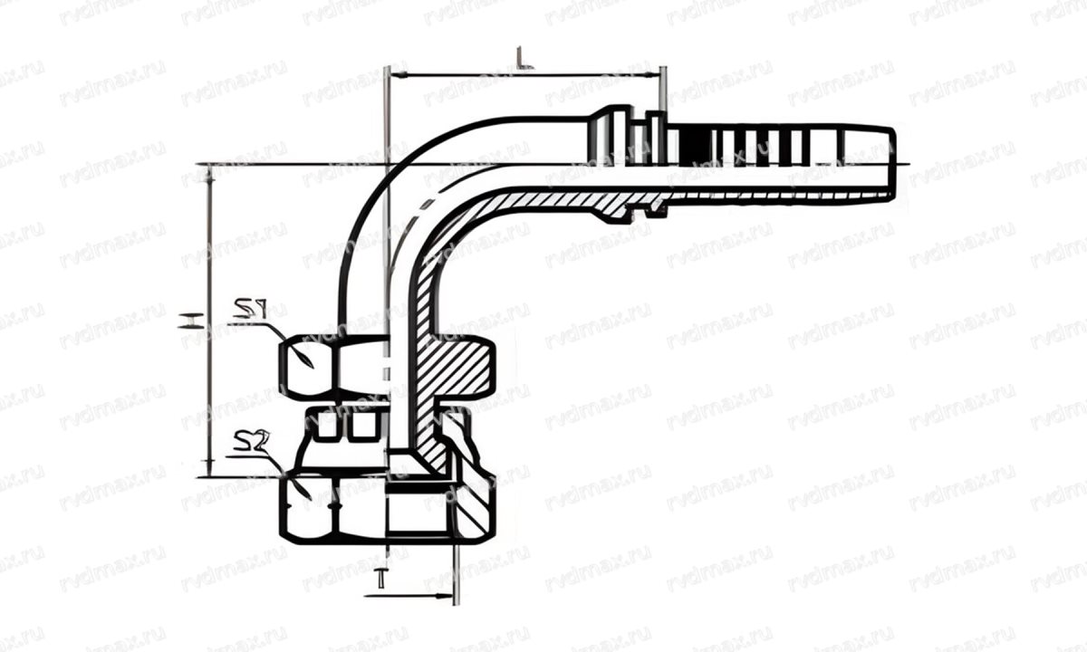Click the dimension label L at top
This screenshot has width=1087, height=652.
tap(523, 60)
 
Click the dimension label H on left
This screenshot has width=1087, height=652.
tap(189, 319)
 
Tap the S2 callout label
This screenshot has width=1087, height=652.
tap(247, 442)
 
